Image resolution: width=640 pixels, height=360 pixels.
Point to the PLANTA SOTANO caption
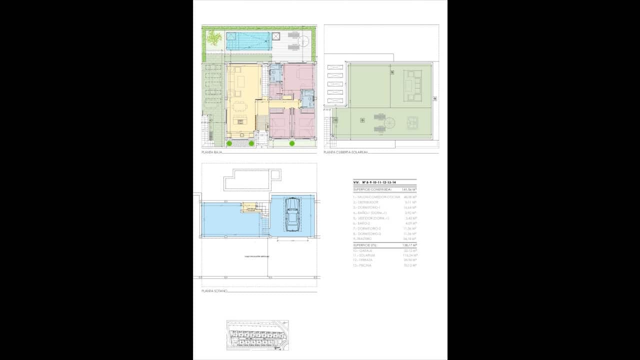[x=214, y=290]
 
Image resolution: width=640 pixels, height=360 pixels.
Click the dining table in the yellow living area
[x=240, y=106]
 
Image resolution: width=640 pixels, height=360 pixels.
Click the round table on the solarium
[x=390, y=121]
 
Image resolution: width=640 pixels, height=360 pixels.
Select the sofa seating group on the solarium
[x=413, y=85]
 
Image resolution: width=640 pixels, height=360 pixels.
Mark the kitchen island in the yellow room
[x=241, y=120]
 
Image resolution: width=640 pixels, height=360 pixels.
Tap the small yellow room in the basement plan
[x=248, y=206]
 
